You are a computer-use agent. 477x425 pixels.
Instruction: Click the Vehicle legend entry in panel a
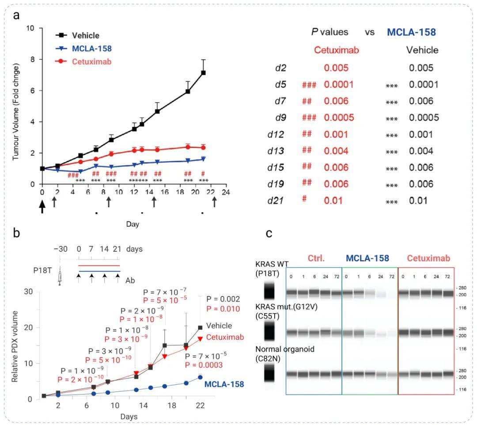point(86,36)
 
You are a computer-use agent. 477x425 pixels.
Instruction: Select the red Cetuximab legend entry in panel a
point(91,61)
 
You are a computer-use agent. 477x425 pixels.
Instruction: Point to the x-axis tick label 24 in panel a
point(226,193)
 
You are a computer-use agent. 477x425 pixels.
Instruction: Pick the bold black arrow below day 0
point(42,206)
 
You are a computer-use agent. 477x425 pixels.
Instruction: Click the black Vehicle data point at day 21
point(203,72)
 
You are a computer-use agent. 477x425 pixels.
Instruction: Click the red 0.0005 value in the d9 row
point(338,118)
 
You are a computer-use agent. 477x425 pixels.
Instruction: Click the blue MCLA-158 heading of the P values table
point(411,32)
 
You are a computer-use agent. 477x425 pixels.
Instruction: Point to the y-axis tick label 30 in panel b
point(29,292)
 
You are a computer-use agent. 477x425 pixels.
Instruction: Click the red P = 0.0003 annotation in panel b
point(204,365)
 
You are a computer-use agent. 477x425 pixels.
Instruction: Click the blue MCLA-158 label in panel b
point(224,384)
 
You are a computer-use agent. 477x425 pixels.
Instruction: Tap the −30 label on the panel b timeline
point(61,249)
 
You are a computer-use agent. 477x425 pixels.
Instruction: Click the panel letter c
point(269,233)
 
